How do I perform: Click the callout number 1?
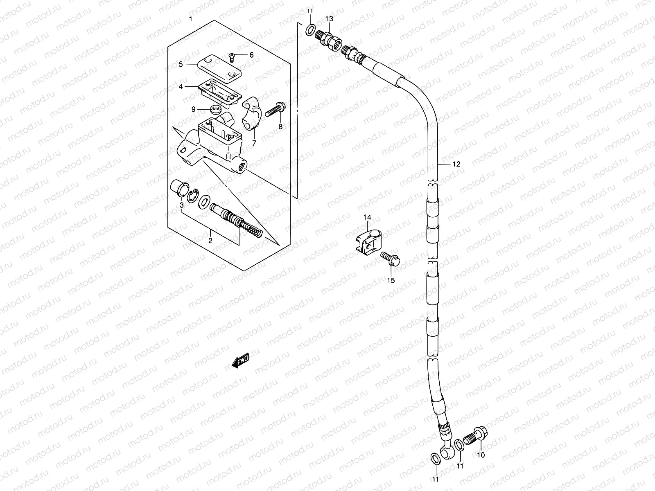pyautogui.click(x=190, y=18)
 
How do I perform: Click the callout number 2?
pyautogui.click(x=210, y=241)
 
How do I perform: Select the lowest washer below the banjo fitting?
pyautogui.click(x=436, y=459)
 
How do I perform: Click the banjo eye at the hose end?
pyautogui.click(x=446, y=451)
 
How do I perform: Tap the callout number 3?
pyautogui.click(x=181, y=205)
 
